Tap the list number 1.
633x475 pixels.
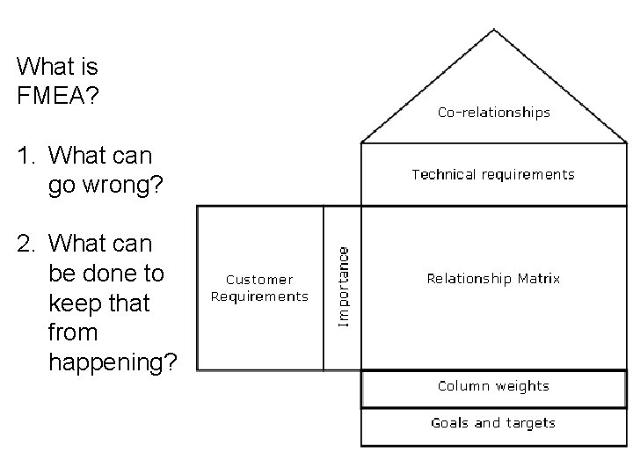coord(24,156)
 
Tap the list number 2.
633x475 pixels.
coord(24,243)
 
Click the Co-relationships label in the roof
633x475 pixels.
coord(494,113)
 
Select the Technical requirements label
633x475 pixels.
coord(493,174)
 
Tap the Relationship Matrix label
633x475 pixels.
coord(493,279)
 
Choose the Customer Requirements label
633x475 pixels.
coord(259,288)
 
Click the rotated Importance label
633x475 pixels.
coord(345,286)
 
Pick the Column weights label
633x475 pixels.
coord(493,386)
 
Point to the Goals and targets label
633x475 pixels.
coord(493,423)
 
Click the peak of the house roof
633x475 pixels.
coord(494,31)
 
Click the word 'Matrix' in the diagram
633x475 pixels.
coord(538,279)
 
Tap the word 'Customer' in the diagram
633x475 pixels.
coord(259,280)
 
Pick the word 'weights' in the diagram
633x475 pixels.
coord(521,386)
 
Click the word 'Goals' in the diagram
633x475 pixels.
coord(449,423)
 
